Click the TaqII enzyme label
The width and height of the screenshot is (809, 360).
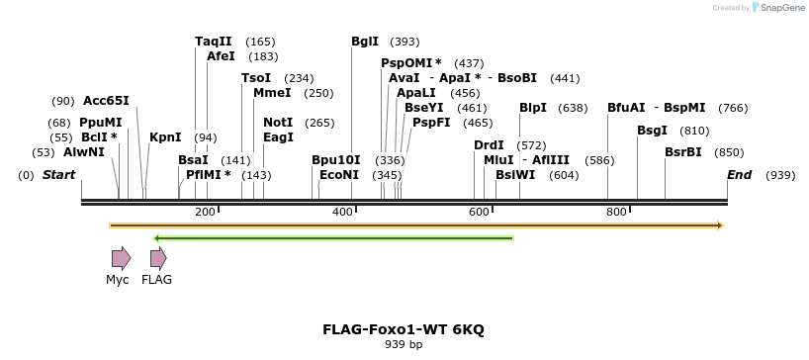click(x=213, y=42)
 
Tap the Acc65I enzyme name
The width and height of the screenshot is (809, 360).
click(x=106, y=101)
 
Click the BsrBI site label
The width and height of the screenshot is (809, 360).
click(x=683, y=152)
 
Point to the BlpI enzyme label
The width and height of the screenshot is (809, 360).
click(x=533, y=108)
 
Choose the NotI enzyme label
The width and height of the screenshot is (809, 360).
click(x=278, y=123)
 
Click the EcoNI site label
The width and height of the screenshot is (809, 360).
click(x=339, y=175)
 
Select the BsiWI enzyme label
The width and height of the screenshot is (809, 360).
click(x=515, y=175)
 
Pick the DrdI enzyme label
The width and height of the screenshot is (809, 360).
click(x=489, y=145)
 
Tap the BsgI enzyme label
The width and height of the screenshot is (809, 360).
click(x=652, y=131)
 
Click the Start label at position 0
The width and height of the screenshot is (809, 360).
click(x=58, y=175)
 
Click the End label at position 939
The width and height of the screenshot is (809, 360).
click(x=740, y=175)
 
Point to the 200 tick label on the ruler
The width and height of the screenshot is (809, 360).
click(x=205, y=213)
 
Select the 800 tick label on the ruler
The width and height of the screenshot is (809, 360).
click(x=616, y=213)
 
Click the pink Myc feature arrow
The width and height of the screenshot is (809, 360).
click(x=121, y=259)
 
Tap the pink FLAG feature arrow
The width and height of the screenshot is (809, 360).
click(x=158, y=259)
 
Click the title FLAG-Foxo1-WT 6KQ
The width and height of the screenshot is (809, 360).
click(x=404, y=329)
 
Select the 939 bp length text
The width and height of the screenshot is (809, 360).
click(x=404, y=345)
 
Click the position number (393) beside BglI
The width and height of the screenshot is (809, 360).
click(x=404, y=42)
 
